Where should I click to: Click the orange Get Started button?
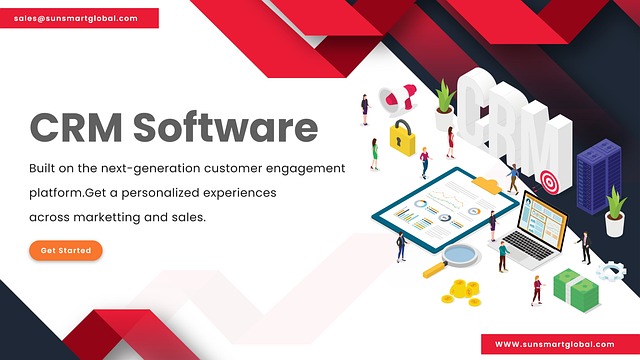click(66, 250)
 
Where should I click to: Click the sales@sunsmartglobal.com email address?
click(76, 18)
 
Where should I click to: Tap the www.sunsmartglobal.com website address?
click(554, 344)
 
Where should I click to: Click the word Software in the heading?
click(225, 127)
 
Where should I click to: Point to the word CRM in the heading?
click(76, 127)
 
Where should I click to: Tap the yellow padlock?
click(402, 139)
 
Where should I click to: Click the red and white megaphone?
click(397, 97)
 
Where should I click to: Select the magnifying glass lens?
click(460, 254)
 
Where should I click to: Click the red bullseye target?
click(549, 182)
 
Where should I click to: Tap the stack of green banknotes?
click(577, 290)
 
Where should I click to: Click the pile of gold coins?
click(462, 293)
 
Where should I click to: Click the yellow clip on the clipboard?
click(487, 185)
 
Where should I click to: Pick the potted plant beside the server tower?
click(615, 212)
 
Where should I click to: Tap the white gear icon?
click(611, 271)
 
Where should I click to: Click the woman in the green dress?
click(374, 154)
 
